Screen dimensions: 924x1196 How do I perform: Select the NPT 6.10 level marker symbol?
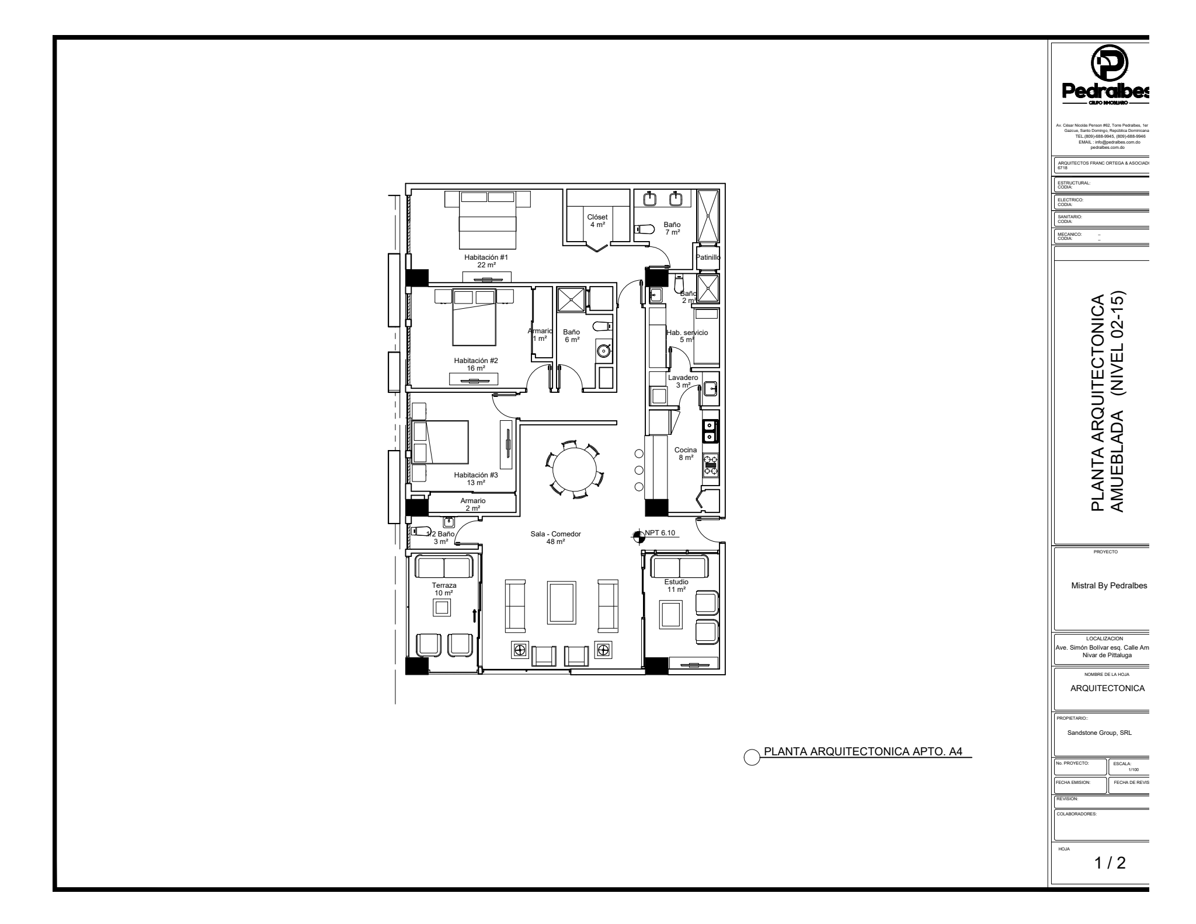point(639,535)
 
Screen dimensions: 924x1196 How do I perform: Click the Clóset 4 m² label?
point(597,221)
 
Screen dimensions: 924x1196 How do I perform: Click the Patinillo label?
point(708,257)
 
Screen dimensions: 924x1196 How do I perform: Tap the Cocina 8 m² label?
point(686,454)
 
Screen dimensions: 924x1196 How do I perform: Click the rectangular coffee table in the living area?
point(562,609)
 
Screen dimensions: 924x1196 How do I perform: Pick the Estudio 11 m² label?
point(676,585)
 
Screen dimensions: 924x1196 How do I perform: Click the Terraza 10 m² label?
point(444,589)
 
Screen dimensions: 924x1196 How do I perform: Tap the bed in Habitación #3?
point(441,442)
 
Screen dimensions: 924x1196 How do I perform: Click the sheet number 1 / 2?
point(1109,879)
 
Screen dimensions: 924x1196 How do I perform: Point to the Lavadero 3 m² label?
point(683,381)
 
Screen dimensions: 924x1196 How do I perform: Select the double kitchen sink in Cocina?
point(710,431)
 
